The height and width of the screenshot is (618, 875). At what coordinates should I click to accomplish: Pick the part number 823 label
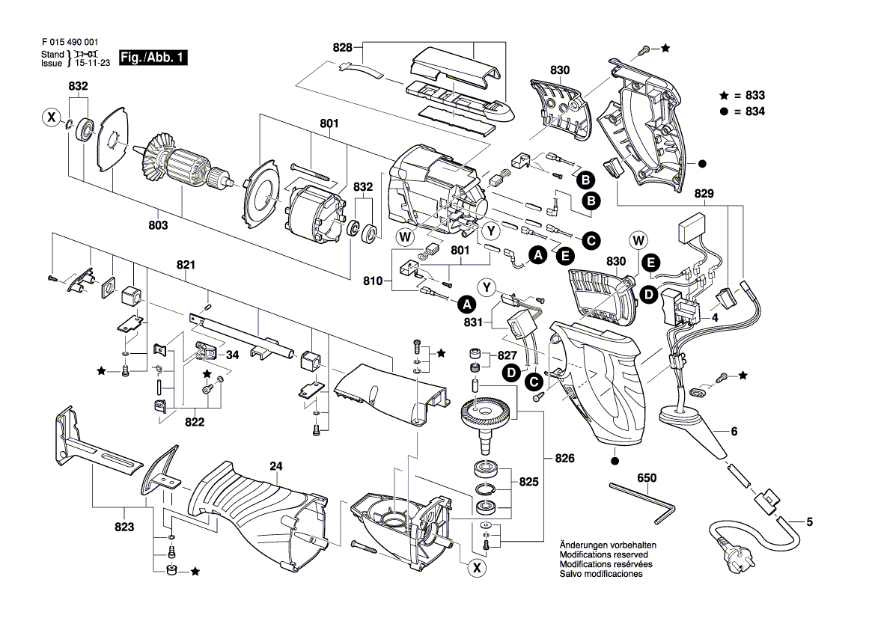(x=124, y=527)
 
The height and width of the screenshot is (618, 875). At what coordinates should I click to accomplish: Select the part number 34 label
(x=232, y=355)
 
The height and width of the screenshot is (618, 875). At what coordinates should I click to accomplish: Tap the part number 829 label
(x=705, y=193)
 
